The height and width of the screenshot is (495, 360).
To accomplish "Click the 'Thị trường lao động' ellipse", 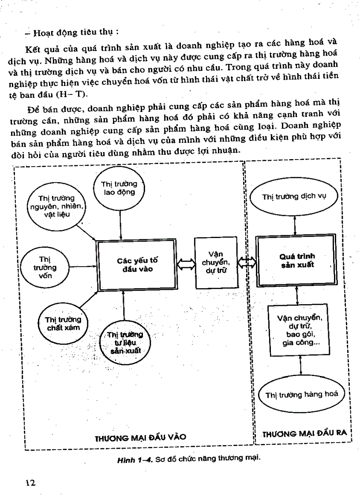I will coord(119,188).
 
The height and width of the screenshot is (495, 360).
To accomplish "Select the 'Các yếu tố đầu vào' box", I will coord(137,265).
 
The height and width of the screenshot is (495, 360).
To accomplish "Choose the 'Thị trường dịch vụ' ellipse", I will coord(294,197).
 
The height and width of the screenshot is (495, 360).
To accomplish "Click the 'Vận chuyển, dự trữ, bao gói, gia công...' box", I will coord(300,330).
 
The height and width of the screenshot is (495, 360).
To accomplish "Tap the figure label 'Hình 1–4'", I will coord(135,458).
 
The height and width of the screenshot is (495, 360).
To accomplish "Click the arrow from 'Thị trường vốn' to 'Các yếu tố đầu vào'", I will coord(82,266).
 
